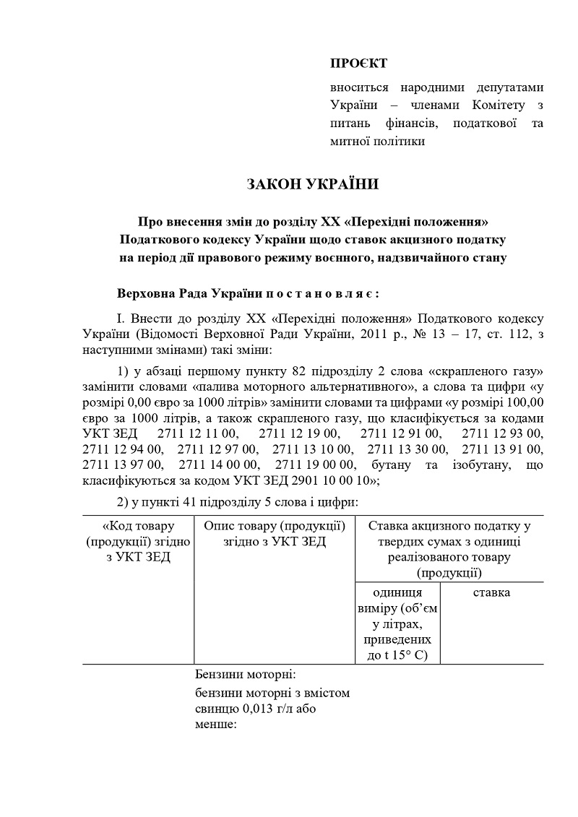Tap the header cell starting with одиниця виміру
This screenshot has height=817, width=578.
pos(397,623)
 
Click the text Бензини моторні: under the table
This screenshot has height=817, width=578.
pos(246,675)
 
